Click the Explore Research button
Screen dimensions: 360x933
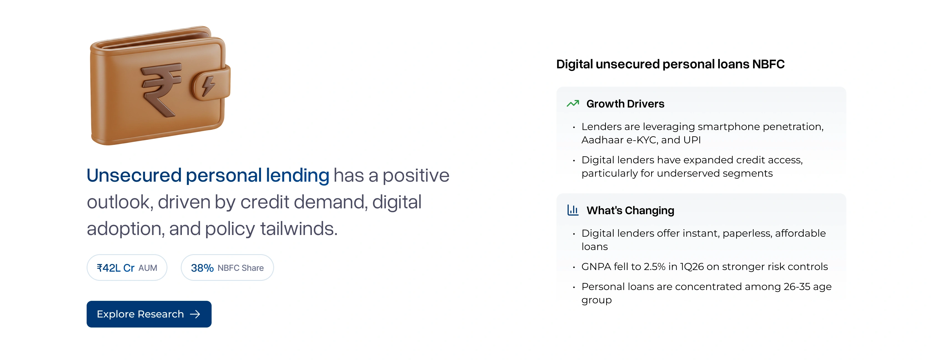[149, 314]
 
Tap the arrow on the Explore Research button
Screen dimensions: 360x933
[195, 314]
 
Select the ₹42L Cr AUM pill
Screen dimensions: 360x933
[127, 268]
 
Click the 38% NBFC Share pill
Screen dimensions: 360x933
[227, 268]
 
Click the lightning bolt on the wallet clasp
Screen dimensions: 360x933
[208, 86]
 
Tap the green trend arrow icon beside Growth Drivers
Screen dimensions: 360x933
[573, 104]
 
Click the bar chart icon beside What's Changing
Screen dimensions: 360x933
[573, 210]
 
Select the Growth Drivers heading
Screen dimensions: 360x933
[625, 104]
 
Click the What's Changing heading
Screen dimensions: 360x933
[630, 211]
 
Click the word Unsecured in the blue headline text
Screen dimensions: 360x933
[134, 176]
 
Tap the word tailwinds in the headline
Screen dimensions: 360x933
[299, 229]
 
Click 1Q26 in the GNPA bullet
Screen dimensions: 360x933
[692, 267]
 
